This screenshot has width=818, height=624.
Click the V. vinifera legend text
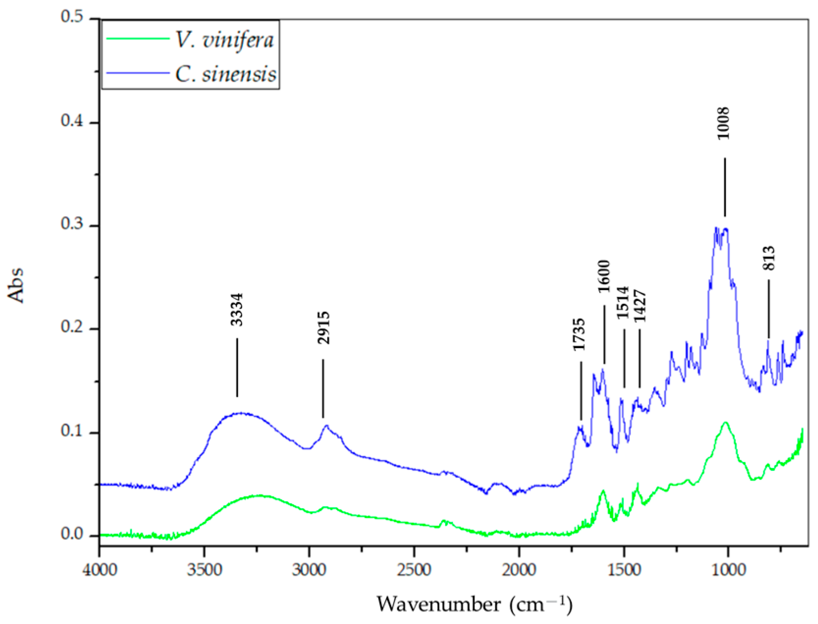224,39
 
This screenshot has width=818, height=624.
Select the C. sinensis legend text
226,74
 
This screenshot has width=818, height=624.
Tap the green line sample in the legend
137,38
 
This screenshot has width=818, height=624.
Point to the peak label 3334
237,309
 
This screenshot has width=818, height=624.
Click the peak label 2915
323,327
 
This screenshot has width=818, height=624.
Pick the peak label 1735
579,334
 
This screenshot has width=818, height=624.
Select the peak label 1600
604,276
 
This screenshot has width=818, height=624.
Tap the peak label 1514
623,302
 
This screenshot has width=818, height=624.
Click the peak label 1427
640,306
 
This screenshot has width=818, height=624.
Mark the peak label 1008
724,123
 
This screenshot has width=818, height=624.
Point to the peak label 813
769,258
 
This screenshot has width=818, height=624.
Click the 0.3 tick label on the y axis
72,224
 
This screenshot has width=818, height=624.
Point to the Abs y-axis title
16,285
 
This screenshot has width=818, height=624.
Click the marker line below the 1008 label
725,187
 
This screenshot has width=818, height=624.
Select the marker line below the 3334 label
237,367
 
